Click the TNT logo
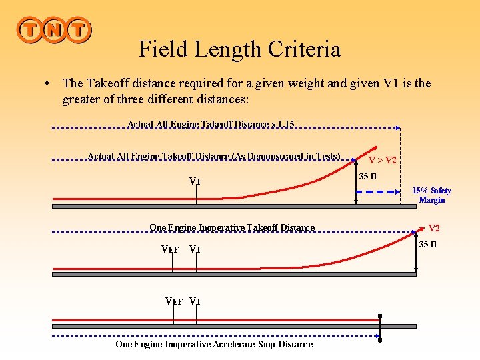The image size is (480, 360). coord(54,29)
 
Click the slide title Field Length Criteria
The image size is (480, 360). coord(239,49)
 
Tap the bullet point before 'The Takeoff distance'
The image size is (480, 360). coord(47,84)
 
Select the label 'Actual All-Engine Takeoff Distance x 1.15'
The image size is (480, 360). coord(211,124)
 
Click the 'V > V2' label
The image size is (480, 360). coord(383,160)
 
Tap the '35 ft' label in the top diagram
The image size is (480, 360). coord(368,177)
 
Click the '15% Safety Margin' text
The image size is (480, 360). coord(431,195)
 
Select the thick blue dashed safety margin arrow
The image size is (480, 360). coord(378,191)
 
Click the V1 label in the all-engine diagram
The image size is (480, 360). coord(195,181)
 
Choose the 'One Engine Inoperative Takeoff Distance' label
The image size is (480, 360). coord(231,228)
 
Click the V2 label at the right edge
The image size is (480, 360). coord(434,228)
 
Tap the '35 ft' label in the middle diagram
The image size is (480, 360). coord(428,244)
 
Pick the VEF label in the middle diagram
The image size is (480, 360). coord(170,250)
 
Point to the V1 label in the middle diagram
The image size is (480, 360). coord(195,250)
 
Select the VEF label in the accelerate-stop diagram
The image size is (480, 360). coord(174,301)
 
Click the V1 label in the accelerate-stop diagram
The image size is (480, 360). coord(195,301)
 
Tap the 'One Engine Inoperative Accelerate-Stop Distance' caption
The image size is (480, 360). coord(213,345)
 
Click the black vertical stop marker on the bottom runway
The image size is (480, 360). coord(380,327)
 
